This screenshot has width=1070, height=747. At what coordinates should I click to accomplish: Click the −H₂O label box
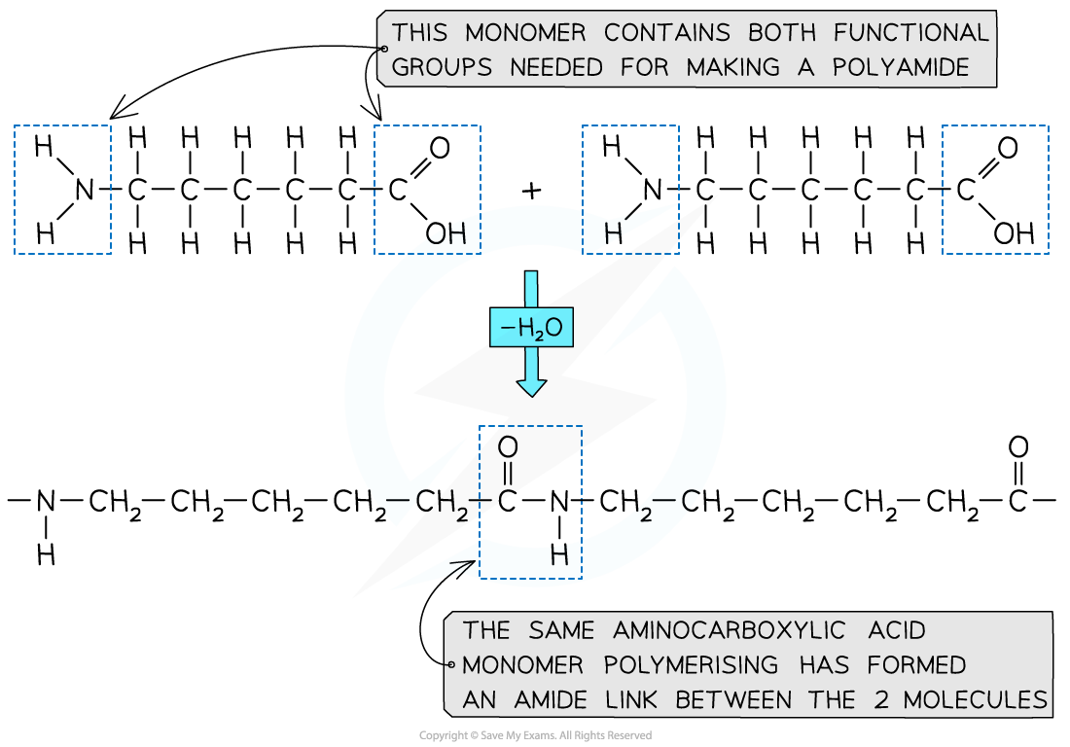coord(530,329)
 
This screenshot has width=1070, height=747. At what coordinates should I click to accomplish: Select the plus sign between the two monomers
coord(530,190)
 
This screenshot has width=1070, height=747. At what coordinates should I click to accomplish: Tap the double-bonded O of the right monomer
coord(1008,148)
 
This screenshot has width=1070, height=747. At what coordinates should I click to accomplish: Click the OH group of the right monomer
coord(1014,233)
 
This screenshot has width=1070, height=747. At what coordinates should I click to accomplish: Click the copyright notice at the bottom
coord(535,735)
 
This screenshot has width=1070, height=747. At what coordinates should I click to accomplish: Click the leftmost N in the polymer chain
coord(46,503)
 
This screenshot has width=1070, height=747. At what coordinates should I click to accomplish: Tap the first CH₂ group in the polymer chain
coord(117,504)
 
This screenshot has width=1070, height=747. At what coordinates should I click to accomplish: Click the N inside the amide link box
coord(558,503)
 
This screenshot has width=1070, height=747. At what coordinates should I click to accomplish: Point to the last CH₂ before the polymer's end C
coord(953,504)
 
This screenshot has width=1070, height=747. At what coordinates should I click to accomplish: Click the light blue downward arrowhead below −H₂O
coord(530,384)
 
